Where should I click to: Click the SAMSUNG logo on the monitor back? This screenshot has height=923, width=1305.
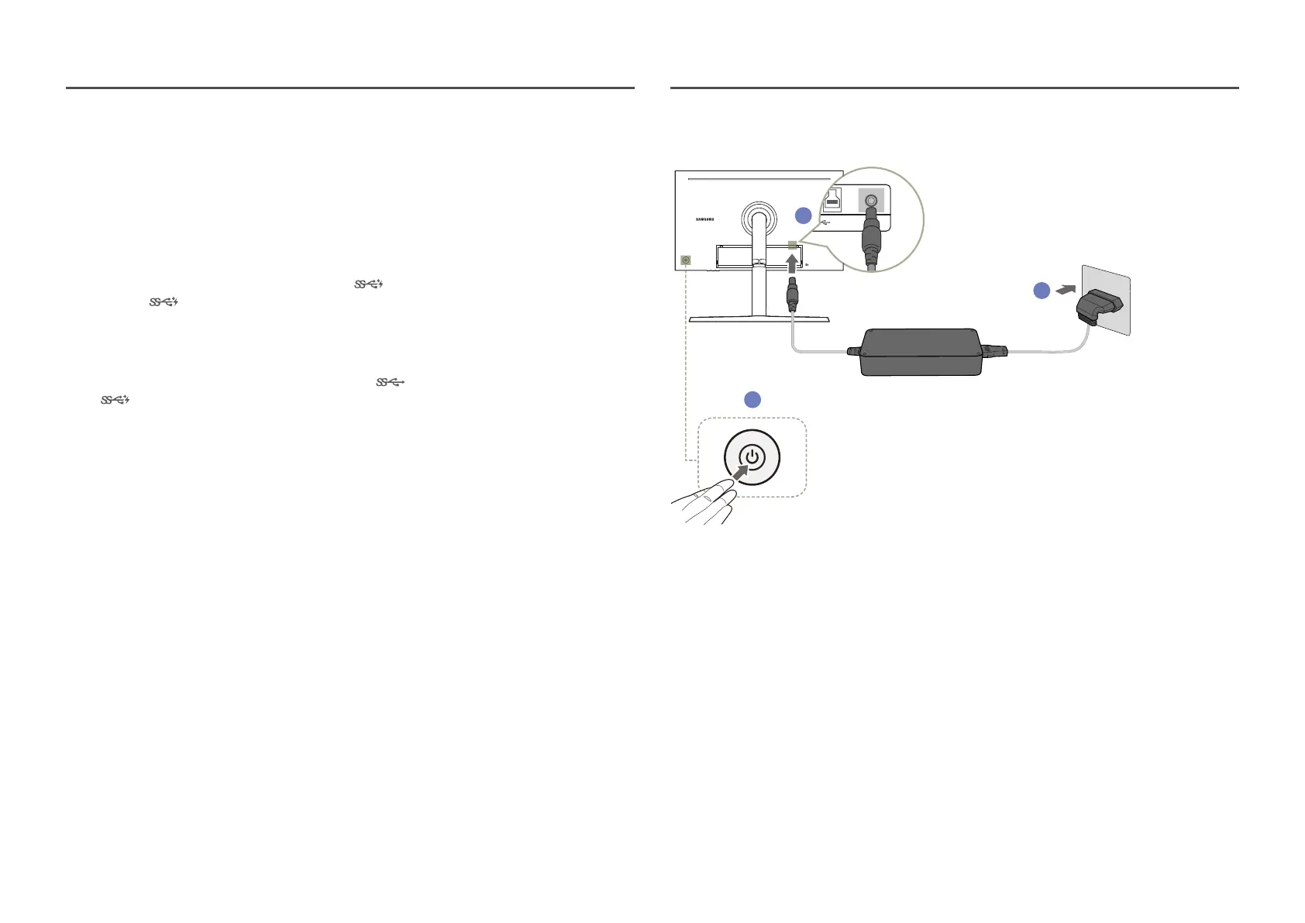704,219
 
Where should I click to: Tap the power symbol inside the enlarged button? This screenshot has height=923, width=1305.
752,457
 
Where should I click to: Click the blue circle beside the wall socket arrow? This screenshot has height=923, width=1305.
1042,290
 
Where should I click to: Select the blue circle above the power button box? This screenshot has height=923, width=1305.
752,399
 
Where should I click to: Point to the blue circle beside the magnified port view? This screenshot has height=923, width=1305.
804,215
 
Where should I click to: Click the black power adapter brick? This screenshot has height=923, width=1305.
920,352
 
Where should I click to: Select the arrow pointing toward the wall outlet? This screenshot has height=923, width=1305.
1066,290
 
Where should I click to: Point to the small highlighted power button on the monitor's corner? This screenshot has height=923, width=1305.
686,260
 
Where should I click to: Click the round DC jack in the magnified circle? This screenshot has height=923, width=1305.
871,201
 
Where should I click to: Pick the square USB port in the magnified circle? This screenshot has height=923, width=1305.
833,201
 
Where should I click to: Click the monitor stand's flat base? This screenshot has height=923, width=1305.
759,319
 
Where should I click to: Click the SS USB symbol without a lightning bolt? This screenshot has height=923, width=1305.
391,382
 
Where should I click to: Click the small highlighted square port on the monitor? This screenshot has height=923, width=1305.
792,246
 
